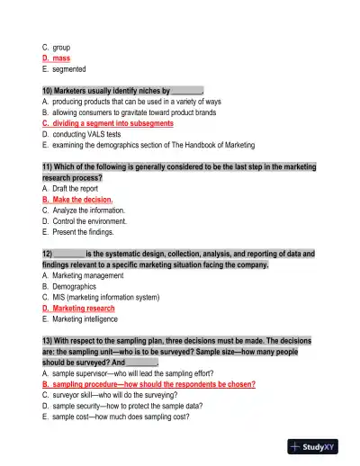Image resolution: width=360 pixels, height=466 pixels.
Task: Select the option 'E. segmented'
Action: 64,68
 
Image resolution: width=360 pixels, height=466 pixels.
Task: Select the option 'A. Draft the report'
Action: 77,189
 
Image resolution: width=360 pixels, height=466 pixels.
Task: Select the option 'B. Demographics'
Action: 73,286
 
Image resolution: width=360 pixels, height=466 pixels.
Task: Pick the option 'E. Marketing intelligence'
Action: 85,318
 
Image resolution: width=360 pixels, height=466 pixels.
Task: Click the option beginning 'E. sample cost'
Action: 121,417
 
